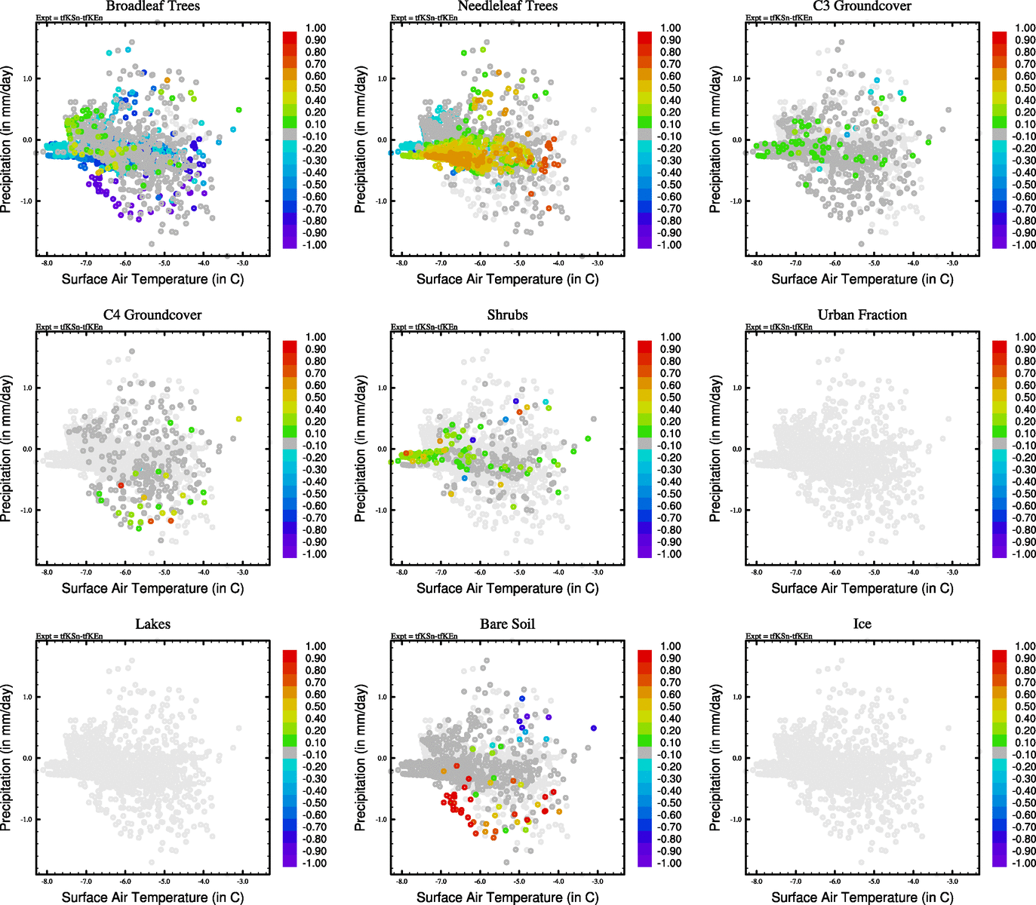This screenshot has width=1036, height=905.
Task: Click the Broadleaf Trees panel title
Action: [x=152, y=6]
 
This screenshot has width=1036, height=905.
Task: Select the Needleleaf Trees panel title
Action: [x=507, y=6]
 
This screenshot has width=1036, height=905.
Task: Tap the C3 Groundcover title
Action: [x=862, y=6]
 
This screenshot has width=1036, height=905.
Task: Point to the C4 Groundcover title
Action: [x=152, y=315]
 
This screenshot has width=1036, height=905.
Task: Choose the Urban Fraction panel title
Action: [x=862, y=315]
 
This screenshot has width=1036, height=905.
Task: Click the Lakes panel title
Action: [x=152, y=624]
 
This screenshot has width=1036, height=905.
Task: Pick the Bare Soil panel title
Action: [x=507, y=624]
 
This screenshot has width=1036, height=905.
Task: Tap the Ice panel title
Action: [x=862, y=624]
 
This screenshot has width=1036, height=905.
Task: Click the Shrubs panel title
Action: [x=507, y=315]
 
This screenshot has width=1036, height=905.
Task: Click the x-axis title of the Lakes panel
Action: [x=152, y=897]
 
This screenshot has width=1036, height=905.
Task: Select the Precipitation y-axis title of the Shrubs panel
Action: [x=361, y=449]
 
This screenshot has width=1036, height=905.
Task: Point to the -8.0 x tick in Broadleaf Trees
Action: [x=47, y=263]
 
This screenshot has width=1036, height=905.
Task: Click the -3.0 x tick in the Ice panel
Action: [x=952, y=882]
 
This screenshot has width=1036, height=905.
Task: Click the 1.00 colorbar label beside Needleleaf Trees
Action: [x=670, y=28]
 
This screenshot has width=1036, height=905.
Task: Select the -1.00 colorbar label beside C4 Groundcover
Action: [x=315, y=554]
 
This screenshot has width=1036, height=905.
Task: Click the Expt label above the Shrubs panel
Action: [x=424, y=327]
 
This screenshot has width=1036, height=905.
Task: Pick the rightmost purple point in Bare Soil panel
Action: [x=594, y=728]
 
